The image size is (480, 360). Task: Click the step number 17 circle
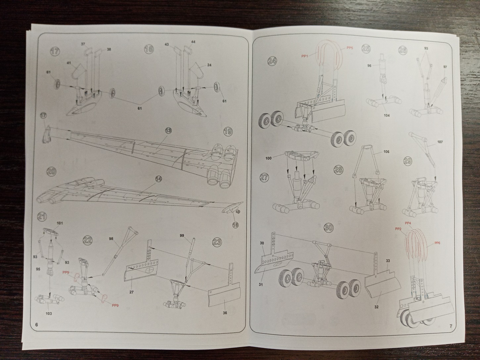55,51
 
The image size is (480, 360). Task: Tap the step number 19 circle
227,131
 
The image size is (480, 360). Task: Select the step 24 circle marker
273,61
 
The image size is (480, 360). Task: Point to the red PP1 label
305,56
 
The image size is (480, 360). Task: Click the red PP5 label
350,48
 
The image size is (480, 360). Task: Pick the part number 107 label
440,142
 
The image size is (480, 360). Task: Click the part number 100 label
268,159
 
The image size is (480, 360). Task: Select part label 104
387,115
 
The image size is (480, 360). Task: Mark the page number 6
37,325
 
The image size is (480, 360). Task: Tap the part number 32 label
376,307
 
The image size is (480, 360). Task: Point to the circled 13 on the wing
168,131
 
